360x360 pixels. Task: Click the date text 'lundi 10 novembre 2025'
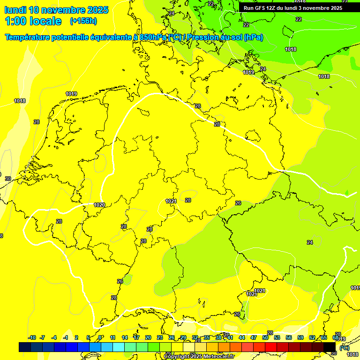(x=56, y=10)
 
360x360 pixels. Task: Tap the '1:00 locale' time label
(x=33, y=21)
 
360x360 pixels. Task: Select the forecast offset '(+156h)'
(x=83, y=21)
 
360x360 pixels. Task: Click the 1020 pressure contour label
(x=99, y=205)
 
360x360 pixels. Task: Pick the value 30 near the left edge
(x=8, y=179)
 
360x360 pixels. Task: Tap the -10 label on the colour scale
(x=32, y=337)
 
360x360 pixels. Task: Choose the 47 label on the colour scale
(x=254, y=337)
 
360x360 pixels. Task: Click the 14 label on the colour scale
(x=125, y=337)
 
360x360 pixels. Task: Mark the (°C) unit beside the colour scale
(x=344, y=348)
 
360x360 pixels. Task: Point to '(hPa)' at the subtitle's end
(x=253, y=37)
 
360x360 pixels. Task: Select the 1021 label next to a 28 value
(x=171, y=201)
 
